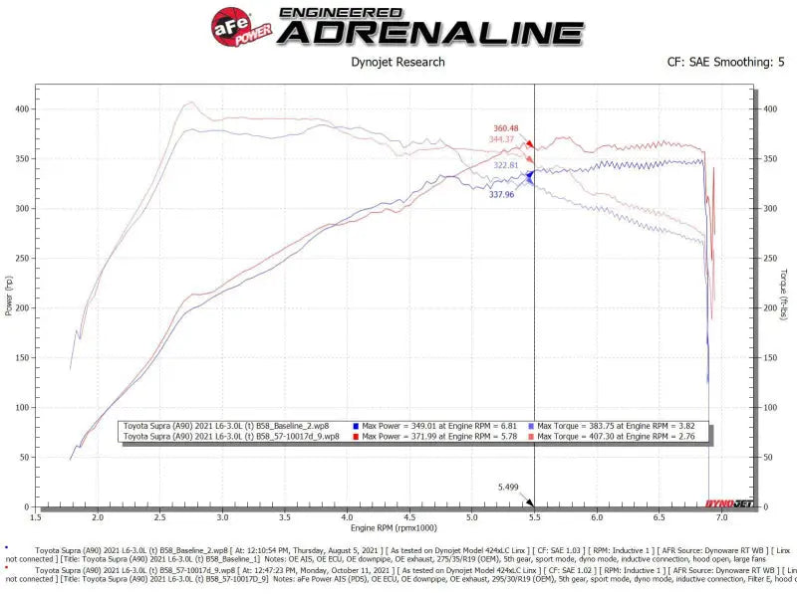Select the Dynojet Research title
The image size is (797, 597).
pos(398,62)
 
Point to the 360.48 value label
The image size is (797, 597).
pos(508,128)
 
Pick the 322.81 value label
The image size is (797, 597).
pos(508,165)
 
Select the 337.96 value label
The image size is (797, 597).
pos(501,195)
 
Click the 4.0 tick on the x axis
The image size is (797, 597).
pos(347,516)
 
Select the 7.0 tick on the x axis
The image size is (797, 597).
pos(721,516)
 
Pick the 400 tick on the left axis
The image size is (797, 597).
pos(20,108)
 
